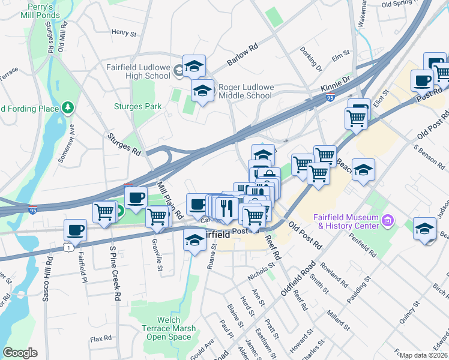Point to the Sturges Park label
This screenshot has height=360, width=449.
coord(138,107)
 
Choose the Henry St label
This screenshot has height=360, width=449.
coord(124,32)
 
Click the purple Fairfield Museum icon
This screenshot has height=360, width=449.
coord(387,221)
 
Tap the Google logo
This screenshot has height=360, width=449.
coord(19,353)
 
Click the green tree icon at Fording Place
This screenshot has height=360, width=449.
coord(69,108)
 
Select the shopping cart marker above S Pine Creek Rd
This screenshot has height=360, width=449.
coord(104,212)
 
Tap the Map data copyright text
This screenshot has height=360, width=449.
coord(424,355)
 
